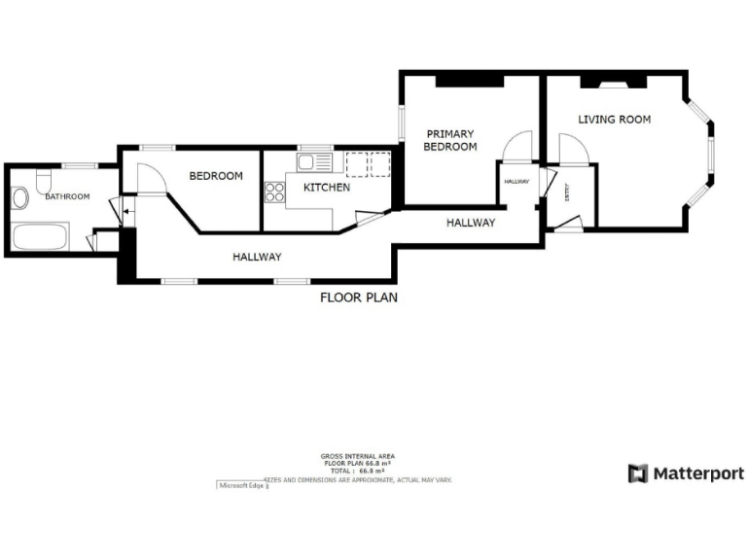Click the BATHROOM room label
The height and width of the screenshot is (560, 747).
tap(67, 196)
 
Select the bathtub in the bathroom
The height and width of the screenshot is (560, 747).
tap(40, 236)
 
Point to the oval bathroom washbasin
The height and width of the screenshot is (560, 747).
tap(20, 199)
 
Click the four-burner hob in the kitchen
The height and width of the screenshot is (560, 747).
tap(273, 192)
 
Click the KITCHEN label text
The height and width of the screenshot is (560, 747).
tap(326, 188)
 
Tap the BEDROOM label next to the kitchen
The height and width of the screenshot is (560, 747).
tap(215, 176)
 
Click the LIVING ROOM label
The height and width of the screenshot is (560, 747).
tap(614, 120)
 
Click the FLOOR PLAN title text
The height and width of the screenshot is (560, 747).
tap(358, 297)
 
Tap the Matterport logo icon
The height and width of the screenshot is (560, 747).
tap(638, 473)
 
